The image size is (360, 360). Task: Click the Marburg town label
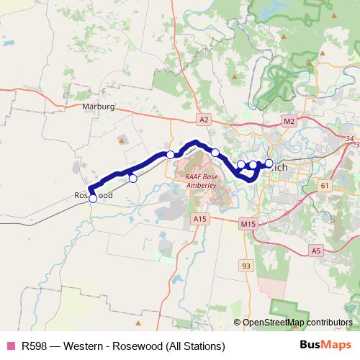pos(99,106)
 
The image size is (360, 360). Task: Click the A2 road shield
pos(204,119)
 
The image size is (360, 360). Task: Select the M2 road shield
pos(289,121)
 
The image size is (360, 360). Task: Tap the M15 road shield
pos(248,225)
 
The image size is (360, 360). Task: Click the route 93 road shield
pos(247,266)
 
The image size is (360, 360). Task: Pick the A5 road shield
pos(316,251)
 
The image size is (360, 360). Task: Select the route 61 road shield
pos(325,186)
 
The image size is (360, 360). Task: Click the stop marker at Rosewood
pos(93,199)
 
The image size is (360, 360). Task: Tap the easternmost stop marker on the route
pos(269,164)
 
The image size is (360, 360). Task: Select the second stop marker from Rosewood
pos(132,178)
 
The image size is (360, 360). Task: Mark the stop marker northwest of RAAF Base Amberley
pos(171,154)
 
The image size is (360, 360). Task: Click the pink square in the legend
pos(10,346)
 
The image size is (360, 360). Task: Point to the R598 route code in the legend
pos(35,346)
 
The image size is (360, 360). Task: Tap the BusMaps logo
pos(325,345)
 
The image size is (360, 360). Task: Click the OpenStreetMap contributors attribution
pos(297,322)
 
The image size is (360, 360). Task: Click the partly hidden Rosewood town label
pos(94,196)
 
